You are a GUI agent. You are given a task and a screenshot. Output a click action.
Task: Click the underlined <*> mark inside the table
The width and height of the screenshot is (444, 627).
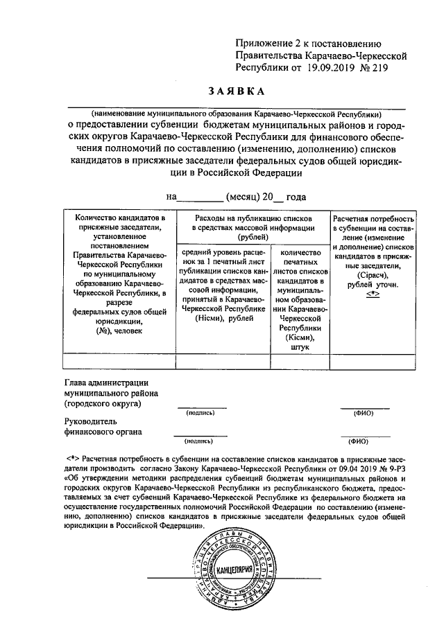point(374,294)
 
